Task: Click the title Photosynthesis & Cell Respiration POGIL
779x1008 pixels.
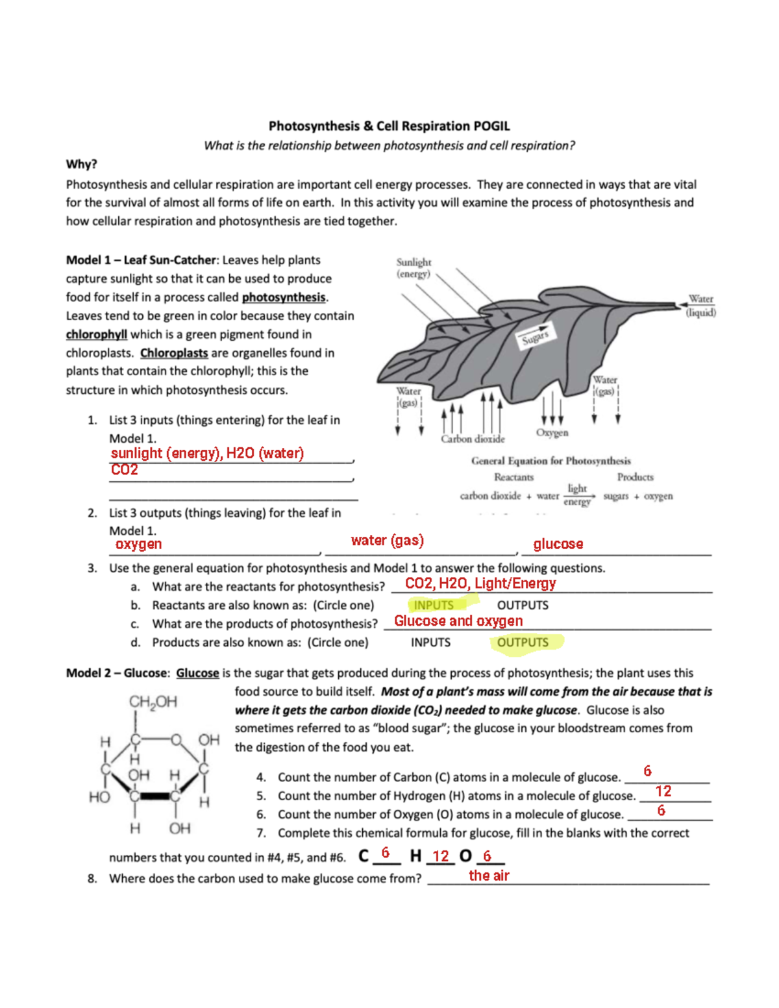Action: [x=389, y=126]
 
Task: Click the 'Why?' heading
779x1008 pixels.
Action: [x=81, y=164]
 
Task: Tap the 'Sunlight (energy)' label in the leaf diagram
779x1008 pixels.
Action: [x=414, y=267]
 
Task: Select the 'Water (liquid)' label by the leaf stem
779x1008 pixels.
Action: [x=700, y=306]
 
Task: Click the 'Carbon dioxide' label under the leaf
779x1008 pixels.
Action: [x=473, y=439]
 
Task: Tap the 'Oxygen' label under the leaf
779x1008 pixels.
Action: [x=552, y=432]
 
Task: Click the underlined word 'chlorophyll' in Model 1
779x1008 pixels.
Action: [x=96, y=334]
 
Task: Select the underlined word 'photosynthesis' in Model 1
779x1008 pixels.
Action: [x=284, y=297]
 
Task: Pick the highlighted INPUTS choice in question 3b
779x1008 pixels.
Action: [x=434, y=605]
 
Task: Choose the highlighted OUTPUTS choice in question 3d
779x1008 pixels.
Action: [x=523, y=643]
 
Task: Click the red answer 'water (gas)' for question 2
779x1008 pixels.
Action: [x=387, y=540]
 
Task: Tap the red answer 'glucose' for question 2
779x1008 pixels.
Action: [x=558, y=544]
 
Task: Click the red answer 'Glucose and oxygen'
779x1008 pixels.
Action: [x=458, y=621]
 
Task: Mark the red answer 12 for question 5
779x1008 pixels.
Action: [x=663, y=791]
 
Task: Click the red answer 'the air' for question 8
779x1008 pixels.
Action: [x=489, y=876]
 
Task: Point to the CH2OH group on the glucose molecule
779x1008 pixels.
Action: [x=153, y=702]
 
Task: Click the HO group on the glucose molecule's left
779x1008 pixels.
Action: [x=99, y=796]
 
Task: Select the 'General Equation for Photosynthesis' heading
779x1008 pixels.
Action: [x=550, y=461]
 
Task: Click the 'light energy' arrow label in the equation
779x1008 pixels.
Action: [x=576, y=495]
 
